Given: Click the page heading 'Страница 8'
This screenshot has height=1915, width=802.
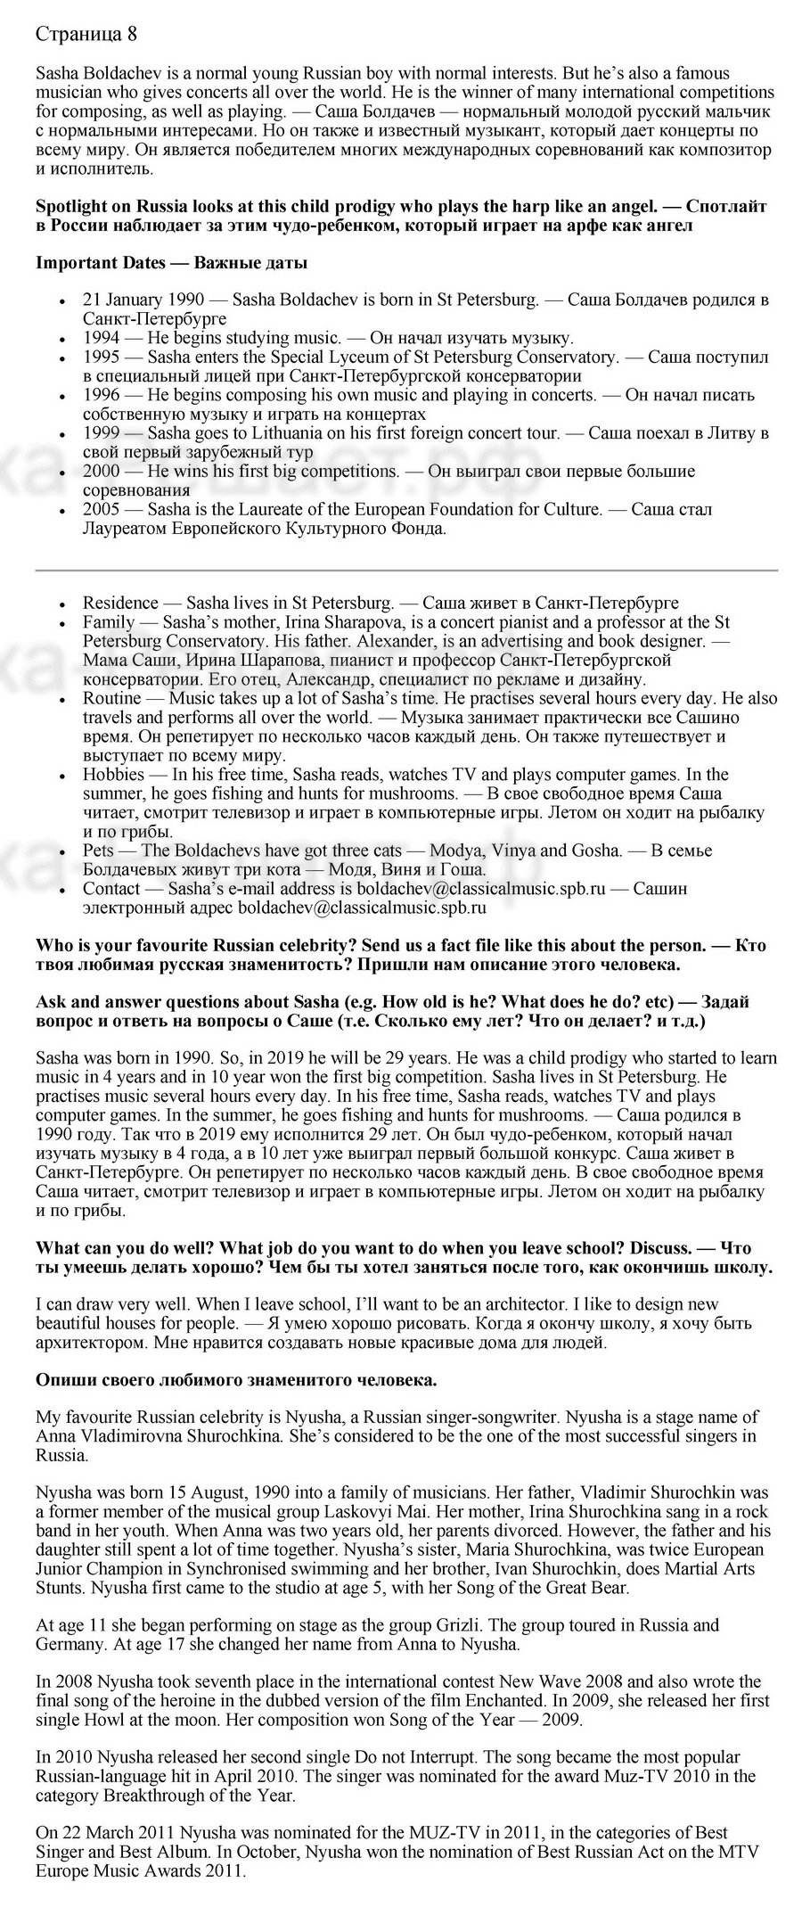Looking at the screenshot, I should [x=86, y=35].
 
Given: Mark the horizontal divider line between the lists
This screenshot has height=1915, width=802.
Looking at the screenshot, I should [x=406, y=569].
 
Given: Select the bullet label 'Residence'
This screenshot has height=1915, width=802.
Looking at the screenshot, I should [x=120, y=603].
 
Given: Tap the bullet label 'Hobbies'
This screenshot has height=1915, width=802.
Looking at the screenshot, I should [x=115, y=774].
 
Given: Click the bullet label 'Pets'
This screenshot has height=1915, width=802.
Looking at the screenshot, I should [x=98, y=851].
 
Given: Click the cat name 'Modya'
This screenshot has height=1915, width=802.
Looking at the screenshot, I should [x=454, y=851].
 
